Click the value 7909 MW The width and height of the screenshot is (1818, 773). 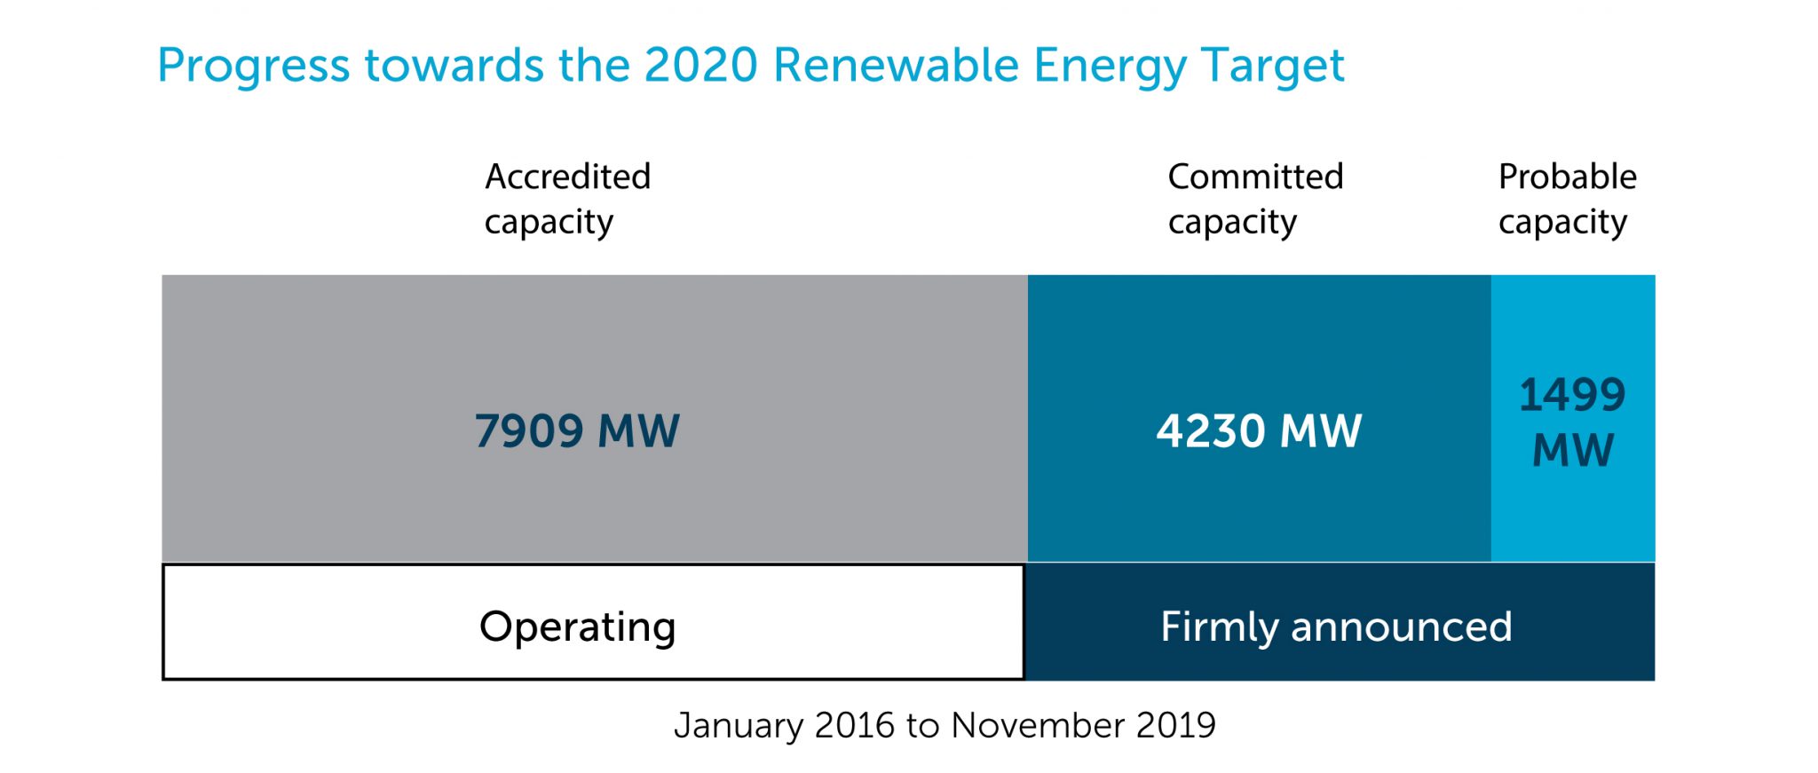577,431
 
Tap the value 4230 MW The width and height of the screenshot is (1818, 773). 1259,431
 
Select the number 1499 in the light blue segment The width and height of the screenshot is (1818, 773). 1572,395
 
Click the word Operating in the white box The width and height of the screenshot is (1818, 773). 577,627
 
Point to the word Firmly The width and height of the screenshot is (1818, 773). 1220,627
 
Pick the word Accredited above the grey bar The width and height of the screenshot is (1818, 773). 567,177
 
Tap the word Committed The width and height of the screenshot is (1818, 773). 1255,177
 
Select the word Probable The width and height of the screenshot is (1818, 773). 1567,177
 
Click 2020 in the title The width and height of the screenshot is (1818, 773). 700,66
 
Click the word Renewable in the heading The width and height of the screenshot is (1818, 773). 896,66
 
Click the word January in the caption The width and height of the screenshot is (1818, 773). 739,726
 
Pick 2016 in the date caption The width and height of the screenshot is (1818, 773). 854,726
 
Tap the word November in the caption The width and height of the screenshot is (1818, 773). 1037,726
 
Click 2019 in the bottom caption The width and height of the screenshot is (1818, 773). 1175,726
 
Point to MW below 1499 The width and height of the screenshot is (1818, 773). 1572,450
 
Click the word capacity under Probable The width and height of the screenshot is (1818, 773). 1562,223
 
